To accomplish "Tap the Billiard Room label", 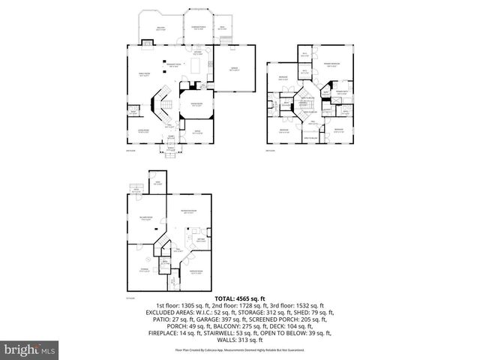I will click(x=146, y=218).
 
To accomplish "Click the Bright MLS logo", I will click(x=29, y=349).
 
